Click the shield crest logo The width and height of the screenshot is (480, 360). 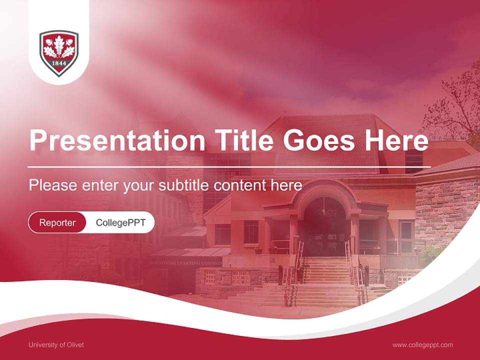click(59, 52)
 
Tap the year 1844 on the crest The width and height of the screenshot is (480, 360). click(59, 64)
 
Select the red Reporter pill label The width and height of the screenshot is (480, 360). click(57, 222)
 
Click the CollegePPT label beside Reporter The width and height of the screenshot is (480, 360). click(120, 222)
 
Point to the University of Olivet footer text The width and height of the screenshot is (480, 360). click(56, 344)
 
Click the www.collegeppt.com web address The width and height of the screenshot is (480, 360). click(422, 344)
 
